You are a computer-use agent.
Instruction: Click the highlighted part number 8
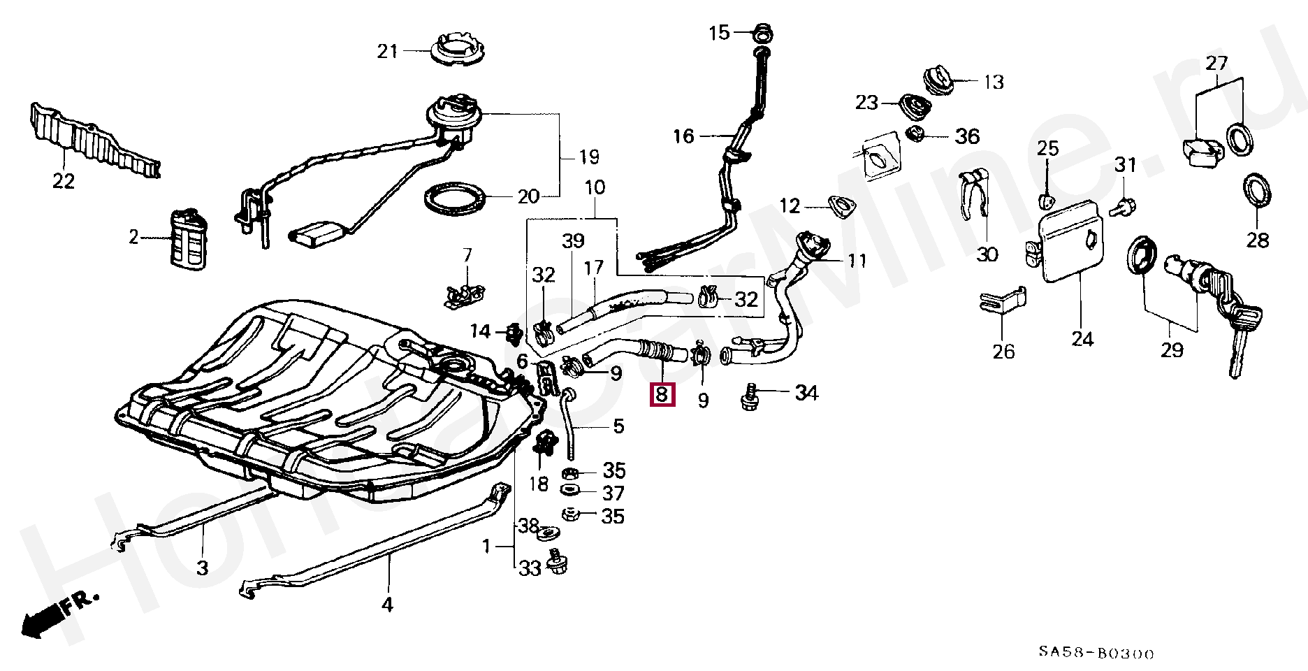[662, 395]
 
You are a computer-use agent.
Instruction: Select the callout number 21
[387, 51]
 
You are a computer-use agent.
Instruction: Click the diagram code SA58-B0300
[1096, 654]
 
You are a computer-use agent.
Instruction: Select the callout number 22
[63, 181]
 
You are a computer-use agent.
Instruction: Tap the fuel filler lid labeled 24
[1073, 242]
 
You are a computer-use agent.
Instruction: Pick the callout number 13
[993, 82]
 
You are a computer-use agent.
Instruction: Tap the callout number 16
[683, 136]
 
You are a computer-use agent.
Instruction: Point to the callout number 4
[387, 604]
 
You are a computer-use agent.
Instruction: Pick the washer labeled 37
[570, 491]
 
